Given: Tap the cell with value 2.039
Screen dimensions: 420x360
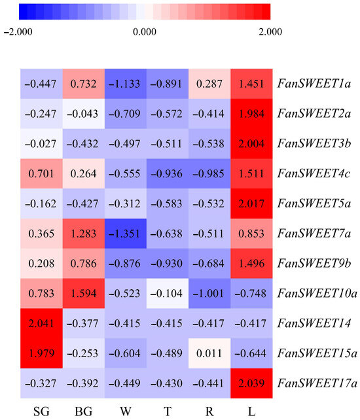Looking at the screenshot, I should (x=252, y=369).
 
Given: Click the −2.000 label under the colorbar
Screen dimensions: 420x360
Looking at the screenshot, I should (x=19, y=31).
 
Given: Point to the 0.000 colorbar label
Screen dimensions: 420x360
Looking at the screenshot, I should (x=145, y=31).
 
